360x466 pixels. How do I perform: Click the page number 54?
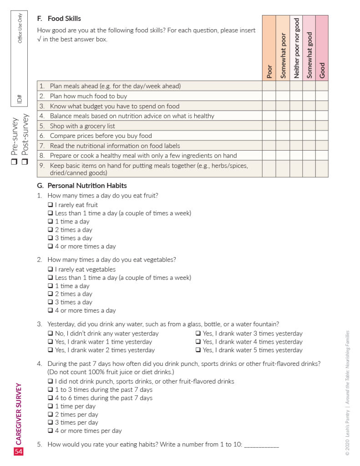pos(19,451)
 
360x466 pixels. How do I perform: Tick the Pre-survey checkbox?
pos(15,162)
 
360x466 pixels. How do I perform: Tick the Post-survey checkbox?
pos(25,162)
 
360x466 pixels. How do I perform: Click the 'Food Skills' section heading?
pos(64,19)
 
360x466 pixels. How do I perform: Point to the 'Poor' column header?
pos(269,71)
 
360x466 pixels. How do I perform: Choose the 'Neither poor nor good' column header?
pos(296,48)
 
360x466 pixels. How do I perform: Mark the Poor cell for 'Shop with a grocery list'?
pos(269,126)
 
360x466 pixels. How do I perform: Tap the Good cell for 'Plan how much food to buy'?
pos(322,96)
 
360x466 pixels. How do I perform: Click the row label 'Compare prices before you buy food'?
pos(101,136)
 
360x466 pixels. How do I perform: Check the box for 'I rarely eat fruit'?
pos(51,205)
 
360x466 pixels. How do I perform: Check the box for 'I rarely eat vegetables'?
pos(51,269)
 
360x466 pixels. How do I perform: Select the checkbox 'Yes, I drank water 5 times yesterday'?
pos(198,350)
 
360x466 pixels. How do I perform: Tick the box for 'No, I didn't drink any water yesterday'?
pos(51,334)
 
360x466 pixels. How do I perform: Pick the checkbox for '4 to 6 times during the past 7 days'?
pos(51,398)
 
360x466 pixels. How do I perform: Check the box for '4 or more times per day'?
pos(51,431)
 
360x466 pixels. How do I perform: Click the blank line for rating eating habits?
pos(261,445)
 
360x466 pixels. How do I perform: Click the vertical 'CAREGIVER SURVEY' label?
pos(19,414)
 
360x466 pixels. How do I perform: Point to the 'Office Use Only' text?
pos(20,28)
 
